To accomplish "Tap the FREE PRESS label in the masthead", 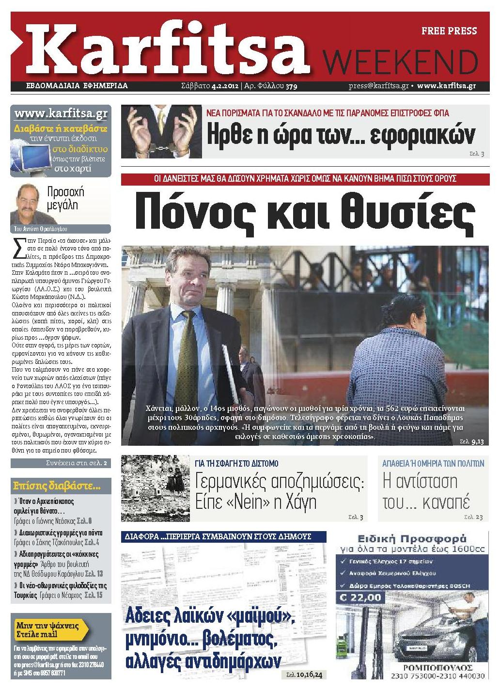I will click(x=449, y=31).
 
